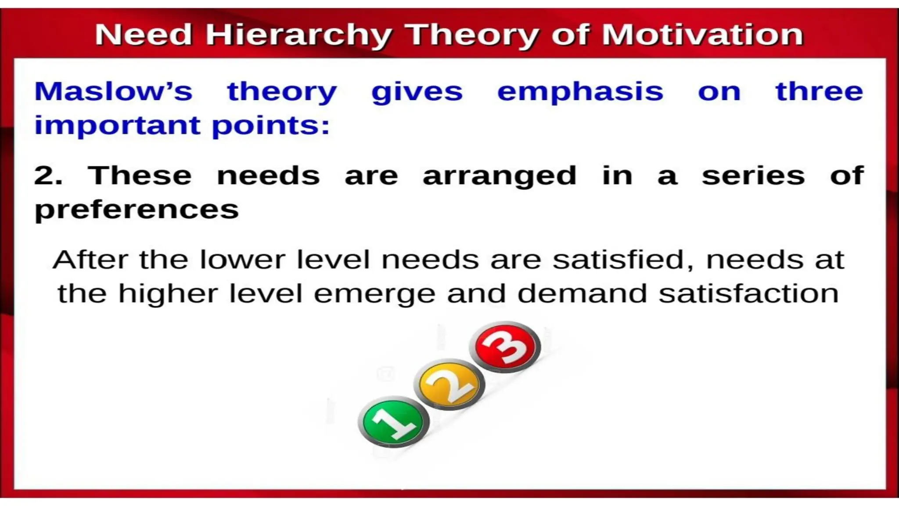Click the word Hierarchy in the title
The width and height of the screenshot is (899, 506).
[x=299, y=35]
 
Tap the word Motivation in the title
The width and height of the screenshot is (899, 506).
[x=702, y=35]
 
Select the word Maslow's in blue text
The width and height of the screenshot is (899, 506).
[x=113, y=91]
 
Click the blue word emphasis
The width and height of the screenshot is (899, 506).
[x=580, y=92]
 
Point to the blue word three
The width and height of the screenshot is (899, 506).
[x=819, y=91]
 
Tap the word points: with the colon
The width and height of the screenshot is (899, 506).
[x=270, y=126]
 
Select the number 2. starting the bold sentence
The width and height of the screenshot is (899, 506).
[x=48, y=176]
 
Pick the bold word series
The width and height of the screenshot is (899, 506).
[x=753, y=176]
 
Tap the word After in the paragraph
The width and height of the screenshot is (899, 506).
[x=90, y=260]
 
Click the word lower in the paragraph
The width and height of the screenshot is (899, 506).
[x=242, y=260]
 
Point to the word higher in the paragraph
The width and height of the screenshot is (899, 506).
[x=168, y=293]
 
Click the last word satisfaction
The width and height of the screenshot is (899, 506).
[x=749, y=293]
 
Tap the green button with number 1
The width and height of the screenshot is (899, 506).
[x=393, y=422]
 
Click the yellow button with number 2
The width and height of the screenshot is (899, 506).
[x=449, y=384]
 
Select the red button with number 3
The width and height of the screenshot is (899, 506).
[x=505, y=347]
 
